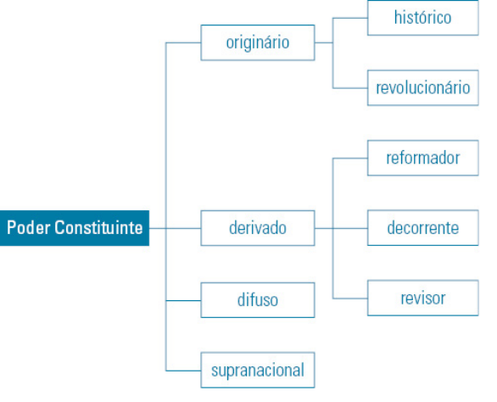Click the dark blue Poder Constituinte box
point(75,228)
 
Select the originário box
point(258,42)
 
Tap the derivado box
point(258,228)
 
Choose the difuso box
point(258,300)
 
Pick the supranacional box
point(258,370)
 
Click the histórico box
point(423,18)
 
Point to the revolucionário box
point(423,88)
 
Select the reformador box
point(423,158)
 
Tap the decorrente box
point(423,227)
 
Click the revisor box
point(423,298)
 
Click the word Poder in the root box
point(29,227)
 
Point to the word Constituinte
point(98,227)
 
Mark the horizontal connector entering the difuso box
point(183,300)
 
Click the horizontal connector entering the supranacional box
point(183,371)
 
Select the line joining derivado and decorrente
point(341,228)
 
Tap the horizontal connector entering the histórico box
point(350,18)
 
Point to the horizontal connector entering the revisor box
point(350,299)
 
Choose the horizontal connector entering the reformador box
point(350,159)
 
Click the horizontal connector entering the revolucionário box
point(350,88)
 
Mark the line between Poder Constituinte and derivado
point(175,228)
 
